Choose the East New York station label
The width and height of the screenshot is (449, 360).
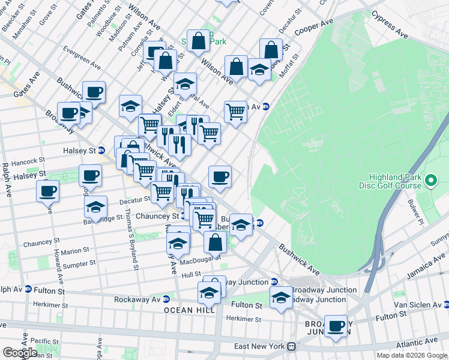(x=260, y=346)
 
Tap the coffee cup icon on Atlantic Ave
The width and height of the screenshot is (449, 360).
(x=336, y=326)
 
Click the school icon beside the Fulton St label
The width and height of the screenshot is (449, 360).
(x=281, y=297)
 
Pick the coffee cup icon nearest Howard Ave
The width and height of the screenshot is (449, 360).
(x=48, y=191)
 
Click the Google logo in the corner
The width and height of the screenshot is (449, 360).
(x=19, y=353)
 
